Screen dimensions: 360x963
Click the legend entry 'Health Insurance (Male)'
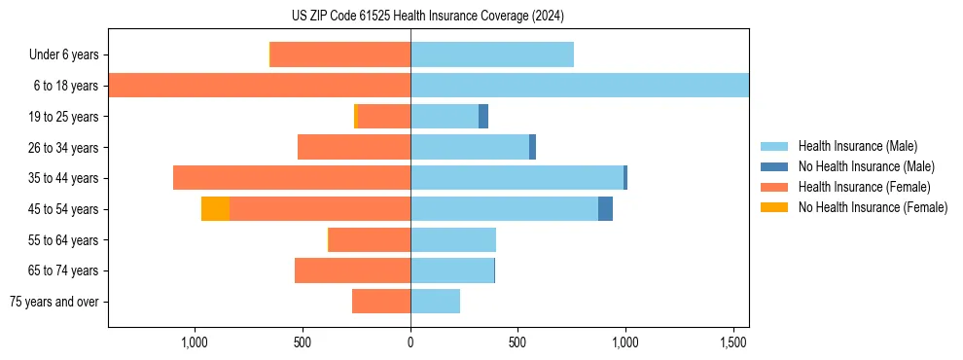[857, 146]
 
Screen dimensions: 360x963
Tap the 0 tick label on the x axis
[410, 342]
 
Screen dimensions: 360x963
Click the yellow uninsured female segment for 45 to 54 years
[215, 209]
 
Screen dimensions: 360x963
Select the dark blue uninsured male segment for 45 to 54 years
[605, 209]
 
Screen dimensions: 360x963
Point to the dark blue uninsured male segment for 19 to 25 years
[483, 117]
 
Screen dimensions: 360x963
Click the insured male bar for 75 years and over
[435, 302]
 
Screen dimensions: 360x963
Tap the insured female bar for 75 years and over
[381, 302]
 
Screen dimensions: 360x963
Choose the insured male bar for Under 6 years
[492, 54]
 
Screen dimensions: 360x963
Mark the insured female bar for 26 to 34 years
[354, 147]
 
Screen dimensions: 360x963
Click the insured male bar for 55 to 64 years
[453, 239]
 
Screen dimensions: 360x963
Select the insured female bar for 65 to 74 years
[352, 270]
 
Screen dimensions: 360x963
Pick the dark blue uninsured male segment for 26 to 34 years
[532, 147]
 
